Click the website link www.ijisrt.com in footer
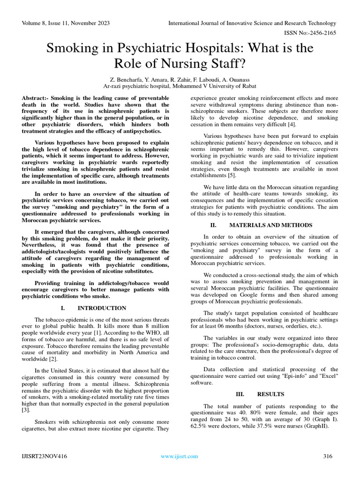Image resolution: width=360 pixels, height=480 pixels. [179, 456]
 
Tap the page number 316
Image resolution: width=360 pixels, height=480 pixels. [328, 456]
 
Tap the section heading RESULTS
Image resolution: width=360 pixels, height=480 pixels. [270, 394]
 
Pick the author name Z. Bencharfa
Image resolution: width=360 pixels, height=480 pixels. [123, 80]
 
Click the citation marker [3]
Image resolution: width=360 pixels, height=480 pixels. [25, 410]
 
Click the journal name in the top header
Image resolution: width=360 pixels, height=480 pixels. [252, 23]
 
